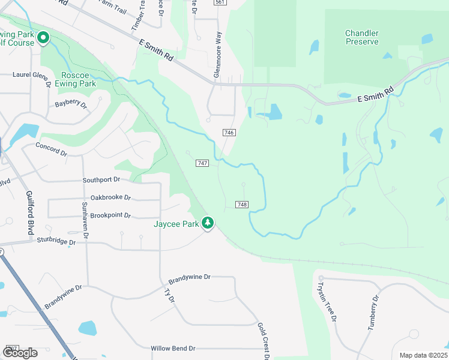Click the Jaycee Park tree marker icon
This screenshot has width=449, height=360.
tap(208, 223)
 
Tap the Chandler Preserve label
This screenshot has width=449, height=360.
tap(362, 37)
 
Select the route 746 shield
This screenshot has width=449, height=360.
tap(229, 133)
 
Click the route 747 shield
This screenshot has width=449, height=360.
tap(202, 163)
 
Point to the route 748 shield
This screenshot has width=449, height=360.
tap(242, 205)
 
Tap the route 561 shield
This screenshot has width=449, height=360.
tap(220, 2)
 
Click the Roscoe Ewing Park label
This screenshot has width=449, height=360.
tap(79, 80)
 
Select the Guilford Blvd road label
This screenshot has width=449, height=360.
tap(29, 212)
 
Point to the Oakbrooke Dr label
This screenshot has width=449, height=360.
tap(110, 197)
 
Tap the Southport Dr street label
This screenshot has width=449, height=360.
tap(101, 179)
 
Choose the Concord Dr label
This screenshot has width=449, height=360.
tap(51, 149)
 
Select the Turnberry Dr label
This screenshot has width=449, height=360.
tap(374, 313)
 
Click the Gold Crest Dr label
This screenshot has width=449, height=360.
tap(262, 341)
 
